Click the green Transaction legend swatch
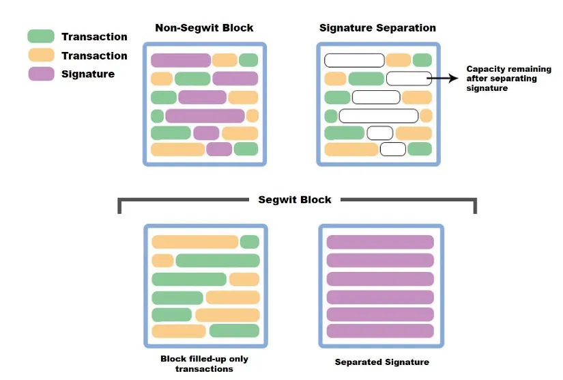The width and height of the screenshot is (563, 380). (41, 36)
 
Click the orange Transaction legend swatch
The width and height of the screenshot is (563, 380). (41, 55)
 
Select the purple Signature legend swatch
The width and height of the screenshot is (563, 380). (41, 74)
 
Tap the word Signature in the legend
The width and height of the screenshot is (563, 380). (88, 74)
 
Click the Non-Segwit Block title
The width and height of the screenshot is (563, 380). (204, 28)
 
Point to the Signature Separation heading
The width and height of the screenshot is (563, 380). (377, 28)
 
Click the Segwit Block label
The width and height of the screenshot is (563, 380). (295, 200)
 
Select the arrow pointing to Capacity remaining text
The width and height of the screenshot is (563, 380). (444, 79)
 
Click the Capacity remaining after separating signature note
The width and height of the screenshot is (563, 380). (501, 79)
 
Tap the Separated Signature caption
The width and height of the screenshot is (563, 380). (382, 362)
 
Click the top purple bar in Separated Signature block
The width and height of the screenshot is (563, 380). (380, 242)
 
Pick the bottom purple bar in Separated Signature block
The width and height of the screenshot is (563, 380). (380, 331)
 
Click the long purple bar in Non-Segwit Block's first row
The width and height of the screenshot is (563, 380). (181, 60)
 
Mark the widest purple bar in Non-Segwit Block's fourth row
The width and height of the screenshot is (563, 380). (205, 116)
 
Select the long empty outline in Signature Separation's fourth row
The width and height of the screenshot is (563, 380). (379, 116)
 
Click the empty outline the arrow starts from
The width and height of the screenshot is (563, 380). (409, 79)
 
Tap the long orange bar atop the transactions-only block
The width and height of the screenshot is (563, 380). (194, 242)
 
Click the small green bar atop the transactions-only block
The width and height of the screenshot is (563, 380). (250, 242)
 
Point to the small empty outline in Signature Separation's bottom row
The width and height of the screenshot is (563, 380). (393, 149)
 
